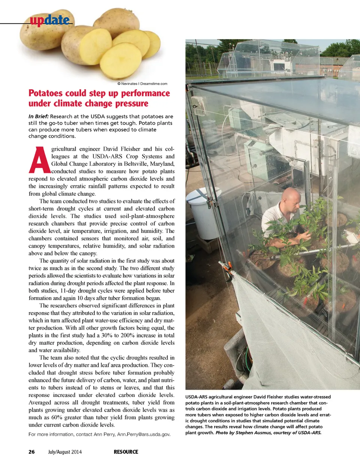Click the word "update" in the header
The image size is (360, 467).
point(50,20)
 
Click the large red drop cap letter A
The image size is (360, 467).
point(39,160)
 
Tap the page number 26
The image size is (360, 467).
point(31,452)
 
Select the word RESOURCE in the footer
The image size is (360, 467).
point(126,452)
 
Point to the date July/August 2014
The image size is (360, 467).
point(65,452)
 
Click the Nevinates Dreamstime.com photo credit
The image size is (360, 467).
point(142,84)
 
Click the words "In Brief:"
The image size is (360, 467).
point(38,116)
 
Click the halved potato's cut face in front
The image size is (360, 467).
point(121,60)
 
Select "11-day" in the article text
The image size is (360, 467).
point(69,291)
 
